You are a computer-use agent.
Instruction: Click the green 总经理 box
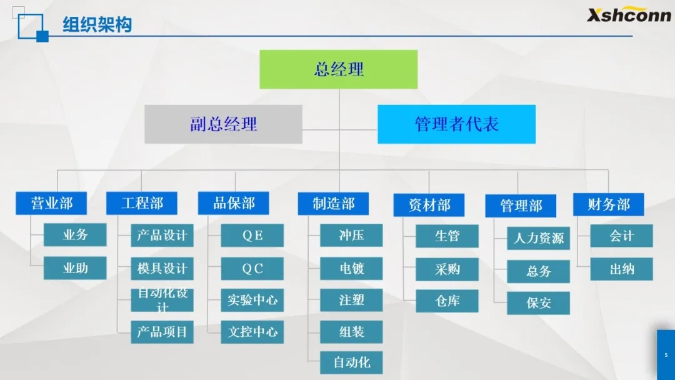(x=338, y=69)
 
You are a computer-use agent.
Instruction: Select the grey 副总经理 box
(x=223, y=124)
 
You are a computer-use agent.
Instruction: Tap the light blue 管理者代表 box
(x=456, y=124)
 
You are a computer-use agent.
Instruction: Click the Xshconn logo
(x=629, y=14)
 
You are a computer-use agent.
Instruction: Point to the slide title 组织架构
(x=97, y=24)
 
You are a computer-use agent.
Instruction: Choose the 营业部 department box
(x=51, y=203)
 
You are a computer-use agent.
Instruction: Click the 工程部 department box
(x=142, y=203)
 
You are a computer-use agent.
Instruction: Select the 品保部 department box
(x=233, y=203)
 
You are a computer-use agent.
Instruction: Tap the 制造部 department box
(x=333, y=204)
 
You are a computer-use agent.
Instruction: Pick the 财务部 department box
(x=608, y=204)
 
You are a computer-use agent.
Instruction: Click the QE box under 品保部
(x=252, y=236)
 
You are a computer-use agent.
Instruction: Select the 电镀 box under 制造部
(x=351, y=269)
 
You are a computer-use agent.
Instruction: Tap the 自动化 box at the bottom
(x=351, y=362)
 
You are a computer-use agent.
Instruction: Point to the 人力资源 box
(x=538, y=238)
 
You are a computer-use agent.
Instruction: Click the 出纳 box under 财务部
(x=621, y=269)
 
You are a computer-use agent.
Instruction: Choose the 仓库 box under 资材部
(x=447, y=301)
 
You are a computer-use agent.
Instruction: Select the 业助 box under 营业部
(x=75, y=268)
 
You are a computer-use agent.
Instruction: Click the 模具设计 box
(x=162, y=269)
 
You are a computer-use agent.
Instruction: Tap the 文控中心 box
(x=252, y=332)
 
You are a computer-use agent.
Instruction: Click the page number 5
(x=666, y=355)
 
